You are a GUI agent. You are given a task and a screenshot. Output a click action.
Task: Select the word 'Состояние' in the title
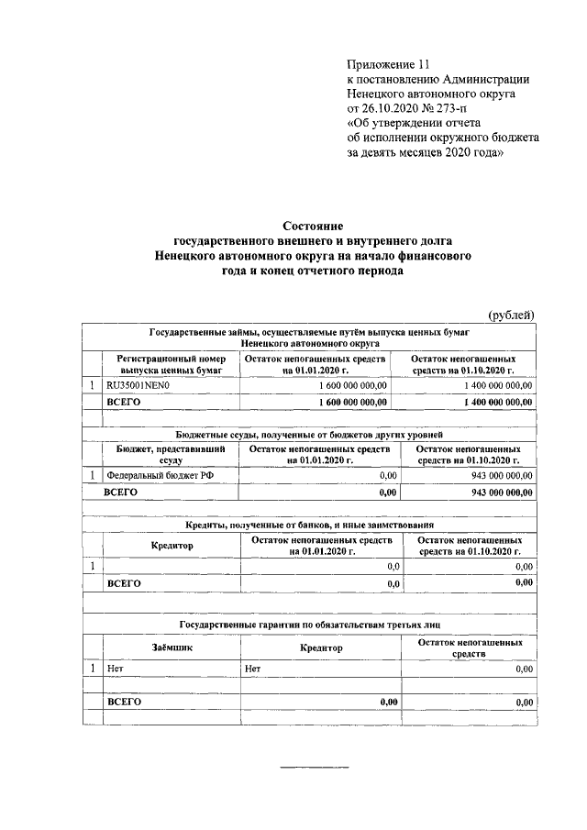click(312, 226)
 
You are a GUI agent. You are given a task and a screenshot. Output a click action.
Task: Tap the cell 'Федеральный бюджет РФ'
click(152, 475)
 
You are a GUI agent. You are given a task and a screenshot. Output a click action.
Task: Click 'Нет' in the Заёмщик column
click(115, 669)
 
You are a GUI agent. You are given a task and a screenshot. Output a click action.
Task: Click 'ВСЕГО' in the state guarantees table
click(124, 702)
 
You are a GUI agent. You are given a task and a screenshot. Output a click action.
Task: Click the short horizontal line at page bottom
click(314, 765)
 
